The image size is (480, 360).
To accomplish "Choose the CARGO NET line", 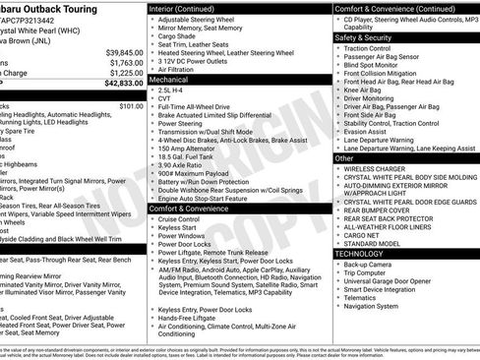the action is pyautogui.click(x=367, y=233).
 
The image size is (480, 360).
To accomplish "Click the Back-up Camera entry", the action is pyautogui.click(x=377, y=264).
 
